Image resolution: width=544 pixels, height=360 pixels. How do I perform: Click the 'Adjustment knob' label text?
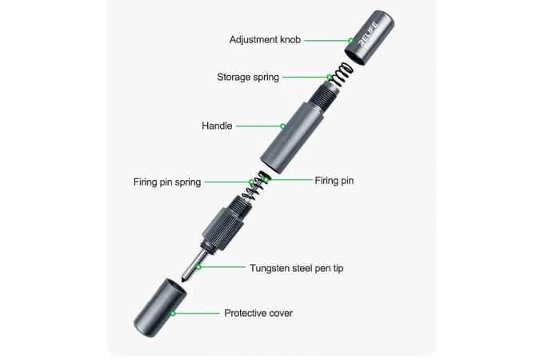click(265, 40)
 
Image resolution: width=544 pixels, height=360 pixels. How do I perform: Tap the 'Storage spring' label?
click(248, 77)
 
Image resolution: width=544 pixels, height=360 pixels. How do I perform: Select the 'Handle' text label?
click(217, 126)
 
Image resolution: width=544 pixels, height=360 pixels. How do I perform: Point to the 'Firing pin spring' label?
click(167, 182)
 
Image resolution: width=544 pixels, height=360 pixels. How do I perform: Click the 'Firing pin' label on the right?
click(334, 181)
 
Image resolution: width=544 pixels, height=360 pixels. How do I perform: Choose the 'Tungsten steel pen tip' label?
click(296, 268)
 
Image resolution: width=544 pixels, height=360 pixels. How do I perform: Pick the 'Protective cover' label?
click(258, 313)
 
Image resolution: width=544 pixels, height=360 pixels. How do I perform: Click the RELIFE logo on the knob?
click(369, 34)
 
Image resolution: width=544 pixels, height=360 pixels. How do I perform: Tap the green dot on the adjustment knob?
click(350, 41)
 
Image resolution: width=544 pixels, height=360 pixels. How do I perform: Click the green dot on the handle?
click(283, 126)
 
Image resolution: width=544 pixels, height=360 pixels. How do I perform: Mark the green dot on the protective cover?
click(173, 314)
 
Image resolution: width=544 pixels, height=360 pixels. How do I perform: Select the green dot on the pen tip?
click(198, 267)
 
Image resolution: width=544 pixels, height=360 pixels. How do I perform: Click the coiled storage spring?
click(341, 74)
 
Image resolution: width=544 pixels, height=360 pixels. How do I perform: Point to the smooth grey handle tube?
click(292, 138)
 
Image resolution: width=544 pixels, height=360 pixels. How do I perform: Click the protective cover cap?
click(160, 308)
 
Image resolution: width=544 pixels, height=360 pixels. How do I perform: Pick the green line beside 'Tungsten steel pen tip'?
click(222, 267)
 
